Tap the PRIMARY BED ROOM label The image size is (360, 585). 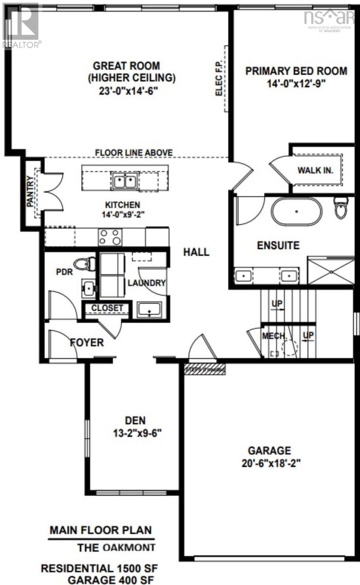296,71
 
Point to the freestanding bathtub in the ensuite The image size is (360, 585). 296,211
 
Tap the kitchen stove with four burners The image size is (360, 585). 110,237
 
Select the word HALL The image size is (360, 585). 196,252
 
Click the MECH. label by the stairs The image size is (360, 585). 273,336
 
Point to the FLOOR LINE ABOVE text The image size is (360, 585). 133,153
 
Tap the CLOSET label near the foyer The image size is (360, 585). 107,308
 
